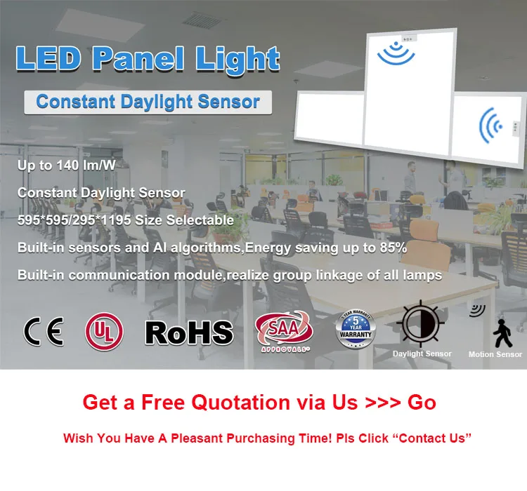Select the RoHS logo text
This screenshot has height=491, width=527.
188,332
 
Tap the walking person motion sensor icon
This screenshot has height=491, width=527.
501,332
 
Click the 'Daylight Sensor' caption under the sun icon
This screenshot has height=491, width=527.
422,354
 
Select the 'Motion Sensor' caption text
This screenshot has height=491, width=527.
495,355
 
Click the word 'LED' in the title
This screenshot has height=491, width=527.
49,59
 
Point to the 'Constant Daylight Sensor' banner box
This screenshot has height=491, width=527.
148,102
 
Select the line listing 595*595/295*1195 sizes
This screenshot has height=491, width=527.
126,220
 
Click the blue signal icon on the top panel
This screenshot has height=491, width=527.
396,51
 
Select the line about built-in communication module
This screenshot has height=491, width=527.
230,276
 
